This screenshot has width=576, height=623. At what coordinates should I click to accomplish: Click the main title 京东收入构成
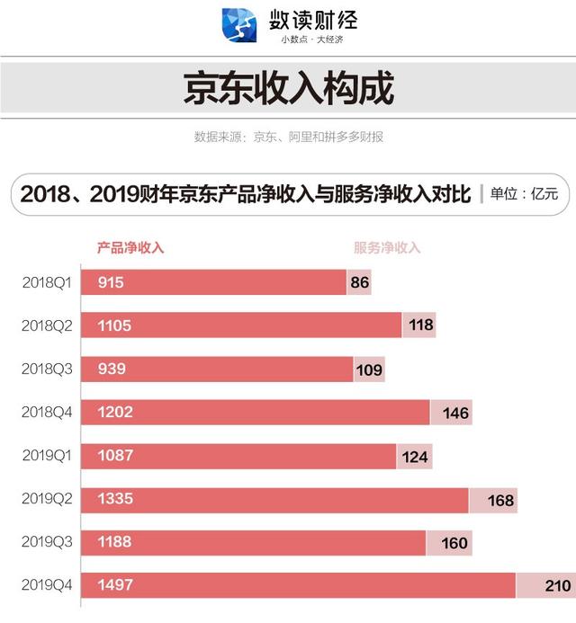click(x=288, y=91)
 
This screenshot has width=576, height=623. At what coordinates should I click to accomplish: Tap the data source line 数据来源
click(x=288, y=138)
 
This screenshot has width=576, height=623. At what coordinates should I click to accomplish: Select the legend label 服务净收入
click(x=387, y=247)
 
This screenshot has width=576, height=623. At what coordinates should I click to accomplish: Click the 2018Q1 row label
click(x=47, y=282)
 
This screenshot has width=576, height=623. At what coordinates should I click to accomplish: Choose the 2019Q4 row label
click(x=47, y=586)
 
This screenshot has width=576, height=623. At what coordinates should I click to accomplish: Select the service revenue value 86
click(x=359, y=282)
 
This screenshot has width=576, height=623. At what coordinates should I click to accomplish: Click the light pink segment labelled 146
click(x=451, y=413)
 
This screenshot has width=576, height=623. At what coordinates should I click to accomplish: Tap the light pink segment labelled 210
click(x=545, y=586)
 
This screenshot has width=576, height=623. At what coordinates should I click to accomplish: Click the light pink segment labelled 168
click(x=493, y=500)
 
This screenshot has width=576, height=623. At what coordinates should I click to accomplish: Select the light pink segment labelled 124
click(x=415, y=456)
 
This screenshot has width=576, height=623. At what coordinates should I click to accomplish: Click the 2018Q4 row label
click(x=47, y=413)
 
